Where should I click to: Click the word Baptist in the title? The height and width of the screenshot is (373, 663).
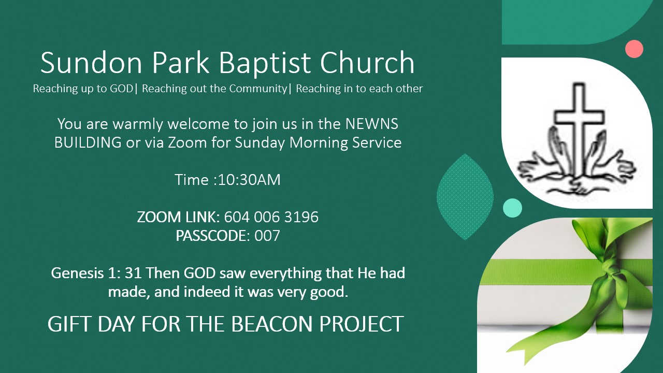264,63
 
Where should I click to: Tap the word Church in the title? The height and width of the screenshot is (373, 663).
367,63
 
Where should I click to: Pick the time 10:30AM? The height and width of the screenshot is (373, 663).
249,180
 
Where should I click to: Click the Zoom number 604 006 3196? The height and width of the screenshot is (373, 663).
271,217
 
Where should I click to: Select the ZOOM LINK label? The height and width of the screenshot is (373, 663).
178,217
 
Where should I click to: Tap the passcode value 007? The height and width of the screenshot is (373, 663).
267,236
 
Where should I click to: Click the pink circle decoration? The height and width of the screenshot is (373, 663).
634,49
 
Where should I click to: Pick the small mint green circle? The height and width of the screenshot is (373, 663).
512,208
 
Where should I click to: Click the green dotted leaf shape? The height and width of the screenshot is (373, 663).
465,197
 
